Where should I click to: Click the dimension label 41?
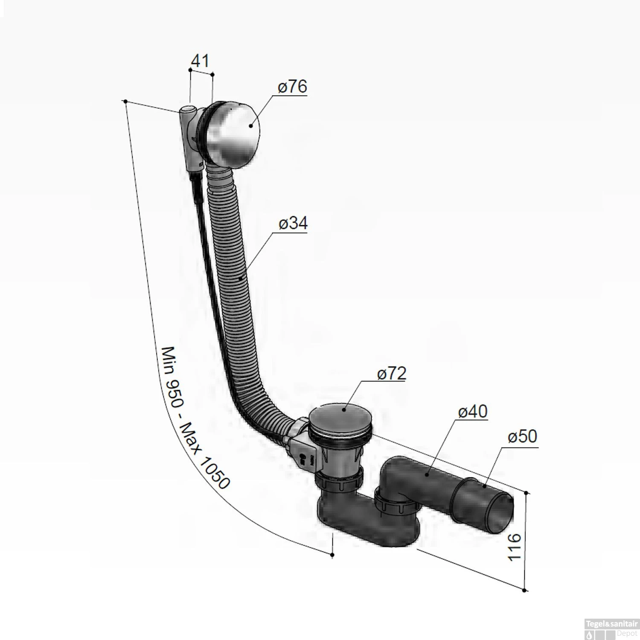click(200, 61)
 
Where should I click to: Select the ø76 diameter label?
click(292, 87)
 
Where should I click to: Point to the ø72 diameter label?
click(391, 373)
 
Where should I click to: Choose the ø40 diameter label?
click(472, 412)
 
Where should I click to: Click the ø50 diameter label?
click(522, 437)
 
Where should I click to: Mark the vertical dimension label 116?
click(515, 547)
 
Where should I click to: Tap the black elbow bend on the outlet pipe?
click(397, 474)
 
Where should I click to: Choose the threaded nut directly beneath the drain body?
click(339, 482)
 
